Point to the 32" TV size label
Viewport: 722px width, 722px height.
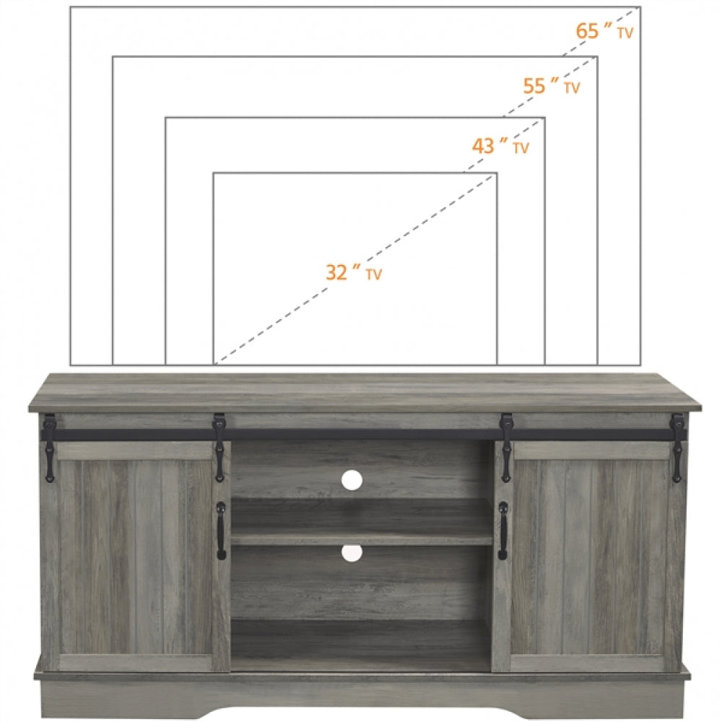(x=353, y=273)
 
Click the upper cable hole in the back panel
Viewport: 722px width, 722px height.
(x=352, y=479)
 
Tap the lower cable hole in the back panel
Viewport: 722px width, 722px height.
(x=352, y=553)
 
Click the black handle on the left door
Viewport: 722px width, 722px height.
(x=221, y=531)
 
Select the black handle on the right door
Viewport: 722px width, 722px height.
(x=503, y=531)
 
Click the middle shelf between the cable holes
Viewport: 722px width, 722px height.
(x=361, y=538)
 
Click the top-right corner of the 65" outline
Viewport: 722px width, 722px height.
(x=641, y=7)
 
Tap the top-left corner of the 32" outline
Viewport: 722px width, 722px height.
(x=214, y=173)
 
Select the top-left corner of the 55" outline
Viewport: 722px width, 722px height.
(x=113, y=56)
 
